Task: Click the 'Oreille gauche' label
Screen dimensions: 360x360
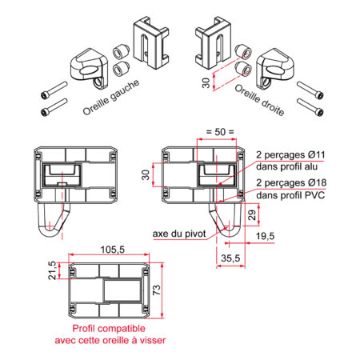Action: tap(111, 98)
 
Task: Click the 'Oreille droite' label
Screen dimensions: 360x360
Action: tap(259, 100)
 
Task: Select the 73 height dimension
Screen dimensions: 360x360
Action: tap(157, 290)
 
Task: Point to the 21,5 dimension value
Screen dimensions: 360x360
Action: tap(52, 270)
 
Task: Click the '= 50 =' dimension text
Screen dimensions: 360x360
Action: tap(220, 132)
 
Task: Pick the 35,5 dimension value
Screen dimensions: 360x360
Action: tap(230, 258)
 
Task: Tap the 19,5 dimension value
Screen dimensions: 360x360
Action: tap(265, 236)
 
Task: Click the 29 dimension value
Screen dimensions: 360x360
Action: tap(252, 215)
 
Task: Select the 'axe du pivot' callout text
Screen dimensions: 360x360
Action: tap(179, 234)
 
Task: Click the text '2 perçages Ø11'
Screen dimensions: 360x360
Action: tap(290, 154)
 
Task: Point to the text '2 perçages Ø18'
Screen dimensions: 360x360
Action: tap(291, 183)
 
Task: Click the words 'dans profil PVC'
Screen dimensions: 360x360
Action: tap(290, 195)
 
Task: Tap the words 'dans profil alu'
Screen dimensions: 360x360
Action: tap(286, 166)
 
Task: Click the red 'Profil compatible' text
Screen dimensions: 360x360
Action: tap(109, 329)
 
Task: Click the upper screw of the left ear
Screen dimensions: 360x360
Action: tap(54, 90)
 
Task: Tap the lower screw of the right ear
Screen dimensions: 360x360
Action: tap(310, 107)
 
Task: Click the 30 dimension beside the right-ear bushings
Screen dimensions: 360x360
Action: tap(206, 83)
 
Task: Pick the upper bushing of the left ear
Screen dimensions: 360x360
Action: tap(120, 51)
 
